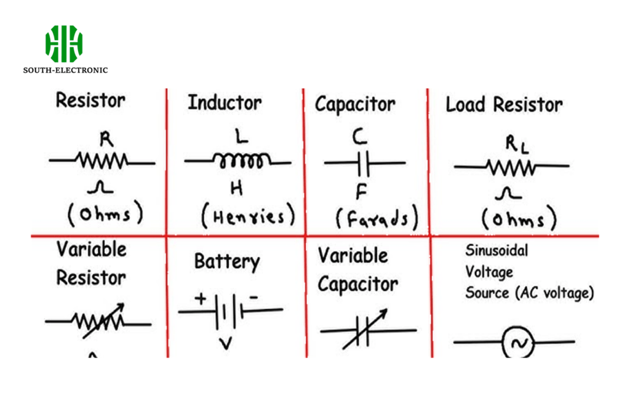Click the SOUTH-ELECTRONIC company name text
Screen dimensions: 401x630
click(x=65, y=70)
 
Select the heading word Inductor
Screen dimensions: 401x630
click(x=225, y=102)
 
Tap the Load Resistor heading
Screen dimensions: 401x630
click(x=504, y=105)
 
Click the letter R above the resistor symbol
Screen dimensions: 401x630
click(x=106, y=140)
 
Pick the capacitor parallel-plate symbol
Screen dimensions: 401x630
click(x=365, y=163)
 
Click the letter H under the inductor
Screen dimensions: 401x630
click(x=236, y=189)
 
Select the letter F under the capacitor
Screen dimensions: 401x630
click(x=361, y=192)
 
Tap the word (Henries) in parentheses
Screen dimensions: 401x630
click(x=249, y=216)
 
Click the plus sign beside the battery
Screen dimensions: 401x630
click(x=201, y=299)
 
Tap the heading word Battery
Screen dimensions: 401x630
click(x=226, y=261)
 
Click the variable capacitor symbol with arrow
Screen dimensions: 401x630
click(x=364, y=329)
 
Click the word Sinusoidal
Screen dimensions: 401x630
click(x=496, y=250)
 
